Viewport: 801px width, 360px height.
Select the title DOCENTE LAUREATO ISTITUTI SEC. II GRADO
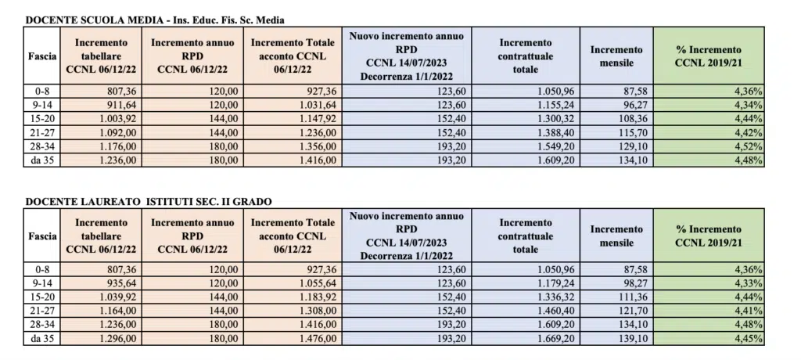(x=148, y=201)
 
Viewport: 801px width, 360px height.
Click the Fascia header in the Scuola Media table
(x=41, y=56)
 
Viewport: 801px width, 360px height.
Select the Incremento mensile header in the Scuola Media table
(x=616, y=56)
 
